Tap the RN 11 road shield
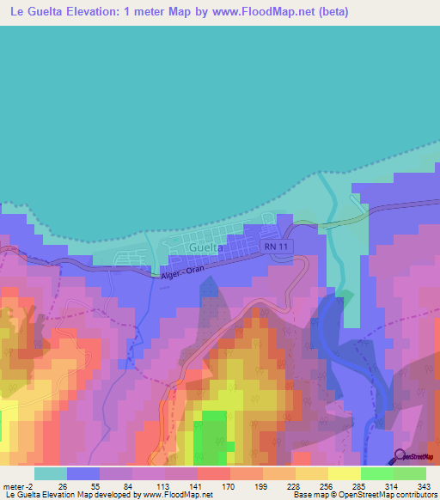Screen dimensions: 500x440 pyautogui.click(x=276, y=247)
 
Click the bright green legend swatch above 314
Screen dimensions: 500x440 pyautogui.click(x=376, y=473)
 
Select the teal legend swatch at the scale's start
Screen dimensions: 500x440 pyautogui.click(x=51, y=473)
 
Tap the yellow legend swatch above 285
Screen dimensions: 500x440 pyautogui.click(x=344, y=473)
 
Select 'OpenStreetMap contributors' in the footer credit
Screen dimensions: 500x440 pyautogui.click(x=388, y=495)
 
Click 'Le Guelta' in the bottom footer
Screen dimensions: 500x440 pyautogui.click(x=21, y=495)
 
